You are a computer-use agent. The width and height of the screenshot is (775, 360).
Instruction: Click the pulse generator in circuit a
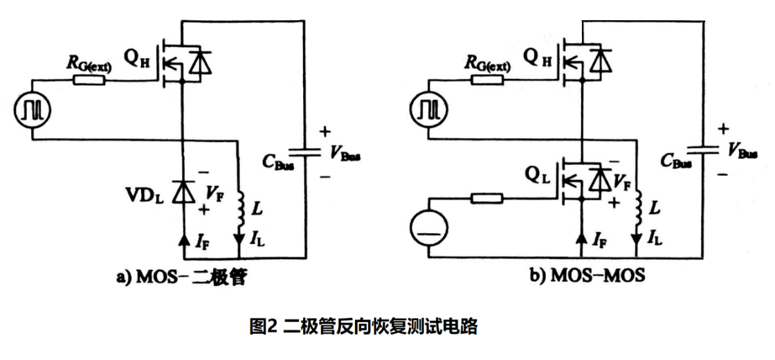coord(32,110)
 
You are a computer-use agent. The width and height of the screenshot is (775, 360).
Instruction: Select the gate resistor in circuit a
coord(89,80)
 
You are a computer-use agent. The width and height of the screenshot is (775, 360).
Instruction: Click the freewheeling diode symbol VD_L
coord(181,192)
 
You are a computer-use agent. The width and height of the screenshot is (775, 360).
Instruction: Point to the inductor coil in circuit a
coord(239,208)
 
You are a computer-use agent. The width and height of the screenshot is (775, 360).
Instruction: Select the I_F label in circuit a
coord(202,242)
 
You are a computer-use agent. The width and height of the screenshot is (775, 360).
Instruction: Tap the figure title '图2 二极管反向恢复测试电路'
coord(363,327)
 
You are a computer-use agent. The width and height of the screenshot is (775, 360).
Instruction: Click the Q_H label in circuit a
coord(136,56)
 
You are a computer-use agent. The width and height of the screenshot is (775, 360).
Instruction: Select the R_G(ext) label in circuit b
coord(488,65)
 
